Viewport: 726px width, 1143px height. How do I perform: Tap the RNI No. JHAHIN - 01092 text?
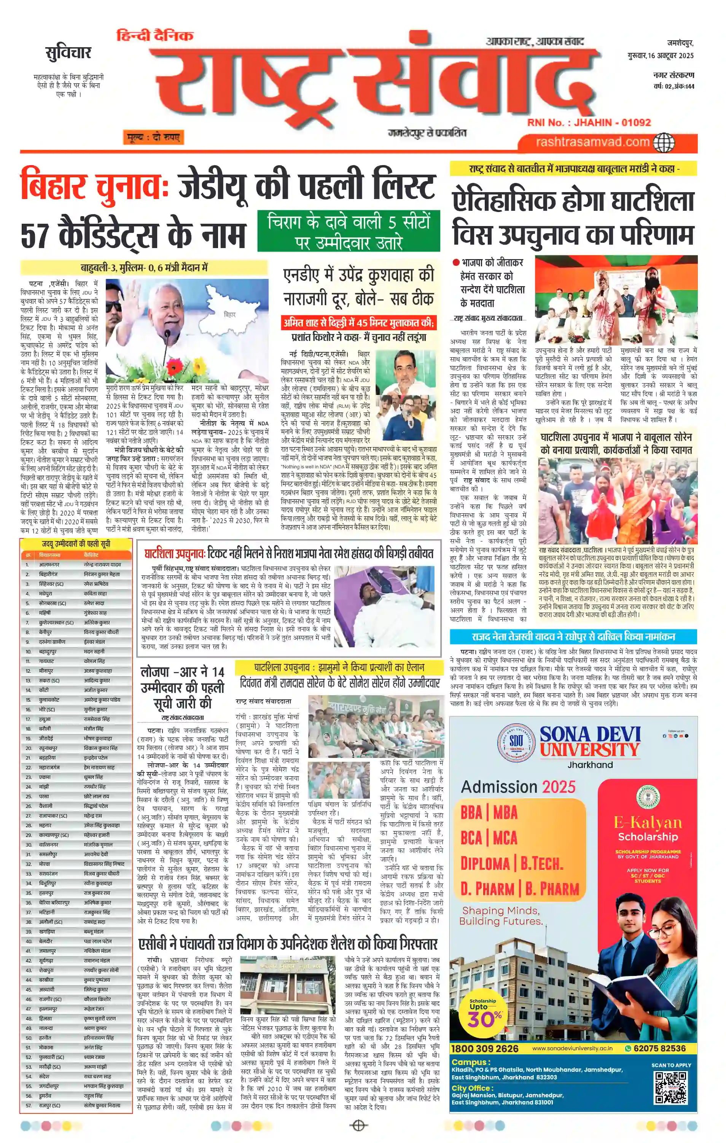coord(589,123)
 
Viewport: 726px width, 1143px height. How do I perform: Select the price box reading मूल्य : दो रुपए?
coord(153,138)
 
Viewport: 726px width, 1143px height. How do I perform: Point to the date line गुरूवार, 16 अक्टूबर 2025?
coord(661,56)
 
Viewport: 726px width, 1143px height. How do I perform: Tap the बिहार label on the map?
coord(230,314)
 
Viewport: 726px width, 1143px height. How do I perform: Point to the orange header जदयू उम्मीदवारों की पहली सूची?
coord(76,544)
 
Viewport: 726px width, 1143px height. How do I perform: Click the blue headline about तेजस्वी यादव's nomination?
coord(573,637)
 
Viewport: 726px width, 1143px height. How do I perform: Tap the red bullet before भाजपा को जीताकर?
coord(456,263)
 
